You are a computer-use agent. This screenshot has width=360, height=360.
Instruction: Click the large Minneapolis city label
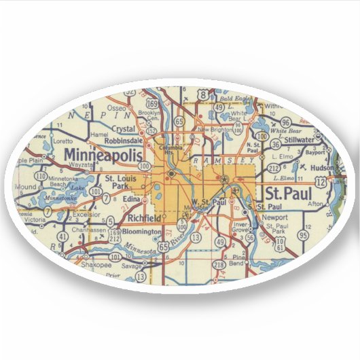click(x=104, y=156)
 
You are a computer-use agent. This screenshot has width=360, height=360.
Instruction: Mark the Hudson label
click(x=322, y=167)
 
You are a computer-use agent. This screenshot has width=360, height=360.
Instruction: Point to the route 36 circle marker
click(x=275, y=144)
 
